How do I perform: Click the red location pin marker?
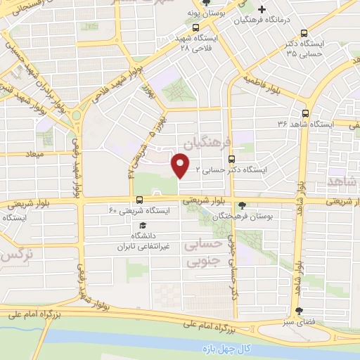181,166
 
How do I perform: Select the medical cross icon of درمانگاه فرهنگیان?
262,10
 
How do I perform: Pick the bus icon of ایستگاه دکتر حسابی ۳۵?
304,32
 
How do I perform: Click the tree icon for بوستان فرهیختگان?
243,205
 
